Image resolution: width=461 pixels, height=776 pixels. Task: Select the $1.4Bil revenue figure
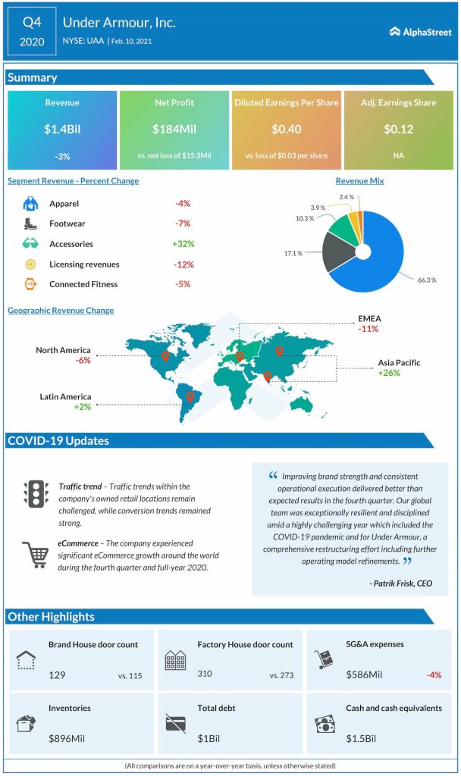[x=62, y=129]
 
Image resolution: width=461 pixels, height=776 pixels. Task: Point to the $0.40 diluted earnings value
[x=286, y=129]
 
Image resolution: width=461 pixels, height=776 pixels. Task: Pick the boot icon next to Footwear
[x=30, y=224]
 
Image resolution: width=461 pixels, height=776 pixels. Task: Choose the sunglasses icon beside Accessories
[x=30, y=244]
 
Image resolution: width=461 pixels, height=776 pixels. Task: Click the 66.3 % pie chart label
[x=428, y=280]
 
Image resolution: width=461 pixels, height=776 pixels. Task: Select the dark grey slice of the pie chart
[x=338, y=254]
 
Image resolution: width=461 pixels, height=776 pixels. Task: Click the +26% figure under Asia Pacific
[x=400, y=374]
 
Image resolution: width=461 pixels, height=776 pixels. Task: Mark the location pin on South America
[x=190, y=396]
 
